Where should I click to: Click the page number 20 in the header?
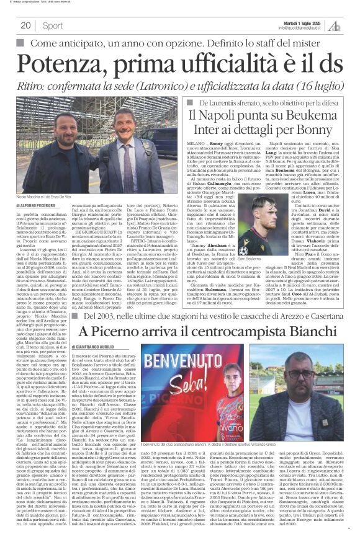[x=26, y=25]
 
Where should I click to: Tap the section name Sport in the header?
[x=53, y=25]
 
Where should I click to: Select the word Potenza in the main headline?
[x=63, y=64]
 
